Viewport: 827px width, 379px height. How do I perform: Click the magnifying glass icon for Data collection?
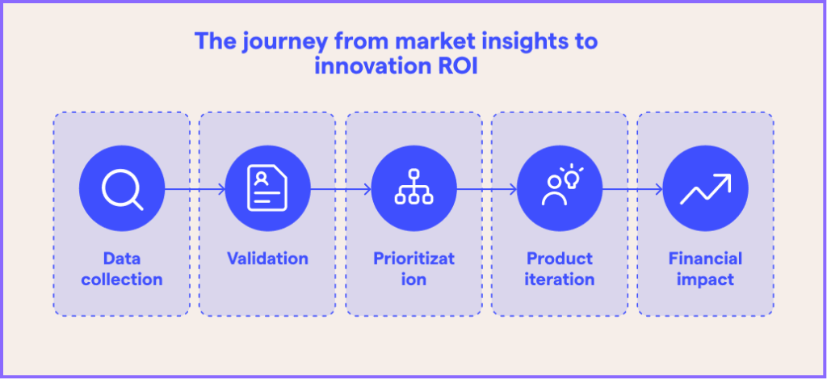[x=121, y=190]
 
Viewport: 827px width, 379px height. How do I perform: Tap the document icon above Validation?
[x=267, y=190]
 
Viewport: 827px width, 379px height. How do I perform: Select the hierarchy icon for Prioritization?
[x=413, y=190]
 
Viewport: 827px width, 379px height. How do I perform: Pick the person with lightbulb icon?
[x=559, y=190]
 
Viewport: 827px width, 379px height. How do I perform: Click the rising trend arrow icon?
[x=705, y=190]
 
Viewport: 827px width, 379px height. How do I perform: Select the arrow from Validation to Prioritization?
[x=341, y=190]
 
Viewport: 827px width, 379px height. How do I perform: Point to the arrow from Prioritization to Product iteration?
[x=486, y=190]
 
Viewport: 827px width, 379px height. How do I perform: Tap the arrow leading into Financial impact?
[x=632, y=190]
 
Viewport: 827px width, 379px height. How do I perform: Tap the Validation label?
[x=267, y=259]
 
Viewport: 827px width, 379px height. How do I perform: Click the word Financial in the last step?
[x=705, y=259]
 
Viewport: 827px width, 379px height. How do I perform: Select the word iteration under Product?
[x=559, y=280]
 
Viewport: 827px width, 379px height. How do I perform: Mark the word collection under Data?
[x=121, y=280]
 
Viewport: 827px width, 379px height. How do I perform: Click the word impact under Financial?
[x=705, y=280]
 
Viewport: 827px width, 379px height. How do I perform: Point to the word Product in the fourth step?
[x=559, y=259]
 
